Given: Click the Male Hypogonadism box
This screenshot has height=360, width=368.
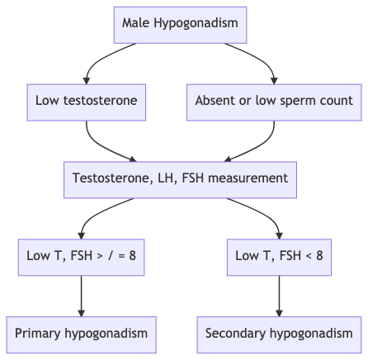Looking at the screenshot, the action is pos(180,25).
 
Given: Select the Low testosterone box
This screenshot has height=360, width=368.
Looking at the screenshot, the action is pos(87,102).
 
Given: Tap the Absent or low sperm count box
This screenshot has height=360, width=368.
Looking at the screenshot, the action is pos(274,102).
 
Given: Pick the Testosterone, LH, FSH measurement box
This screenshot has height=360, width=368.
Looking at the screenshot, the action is pos(180,180).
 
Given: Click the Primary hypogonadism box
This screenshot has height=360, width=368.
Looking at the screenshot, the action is pos(82,334).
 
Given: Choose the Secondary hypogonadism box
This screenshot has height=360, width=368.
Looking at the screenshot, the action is pos(279,334).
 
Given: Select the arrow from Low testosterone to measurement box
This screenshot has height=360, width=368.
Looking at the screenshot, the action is pos(100,145).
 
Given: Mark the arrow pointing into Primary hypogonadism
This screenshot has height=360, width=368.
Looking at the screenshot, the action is pos(82,296).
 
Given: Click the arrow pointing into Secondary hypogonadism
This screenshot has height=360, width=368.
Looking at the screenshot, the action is pos(279,296).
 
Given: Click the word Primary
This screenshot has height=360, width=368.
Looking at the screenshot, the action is pos(37,334).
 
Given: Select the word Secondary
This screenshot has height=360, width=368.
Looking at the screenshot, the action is pos(235,334).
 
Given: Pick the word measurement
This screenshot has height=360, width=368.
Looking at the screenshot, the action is pos(248,178).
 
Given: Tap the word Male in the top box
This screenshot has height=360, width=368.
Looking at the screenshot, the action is pos(135,22).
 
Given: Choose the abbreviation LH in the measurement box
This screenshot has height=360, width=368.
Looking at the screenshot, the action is pos(167,178).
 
